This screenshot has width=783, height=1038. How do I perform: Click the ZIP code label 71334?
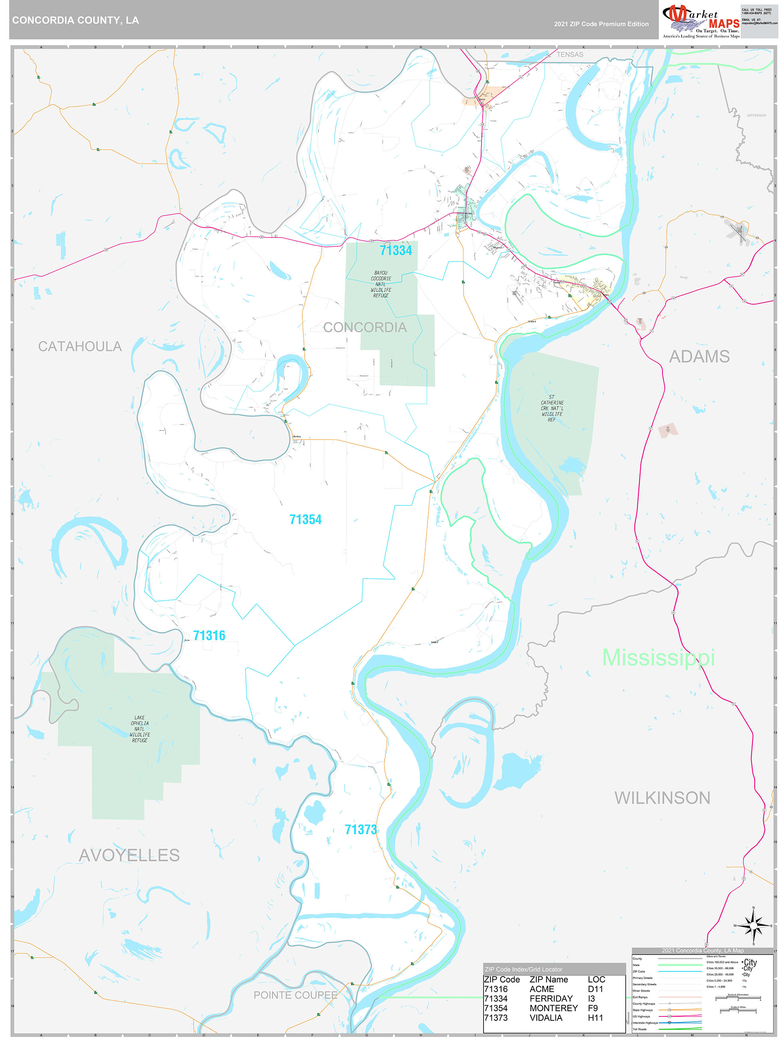396,251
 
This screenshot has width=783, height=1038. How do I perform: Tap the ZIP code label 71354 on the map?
305,519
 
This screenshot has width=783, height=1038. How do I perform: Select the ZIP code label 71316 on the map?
209,636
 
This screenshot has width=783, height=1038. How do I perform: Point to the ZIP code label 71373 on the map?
361,830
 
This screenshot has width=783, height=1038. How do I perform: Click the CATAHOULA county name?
80,346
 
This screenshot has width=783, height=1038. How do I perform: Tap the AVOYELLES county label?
129,855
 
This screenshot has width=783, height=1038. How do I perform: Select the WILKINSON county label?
662,798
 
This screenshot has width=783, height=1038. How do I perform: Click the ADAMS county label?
699,356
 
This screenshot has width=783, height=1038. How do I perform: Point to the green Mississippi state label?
658,657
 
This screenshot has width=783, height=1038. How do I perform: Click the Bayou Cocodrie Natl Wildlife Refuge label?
381,284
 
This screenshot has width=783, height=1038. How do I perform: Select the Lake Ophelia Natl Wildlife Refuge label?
139,729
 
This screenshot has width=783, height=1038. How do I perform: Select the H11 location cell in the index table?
595,1017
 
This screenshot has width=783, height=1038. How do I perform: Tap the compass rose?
753,926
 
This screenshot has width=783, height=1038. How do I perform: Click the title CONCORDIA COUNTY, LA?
75,20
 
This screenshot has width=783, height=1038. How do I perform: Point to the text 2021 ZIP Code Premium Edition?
601,24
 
